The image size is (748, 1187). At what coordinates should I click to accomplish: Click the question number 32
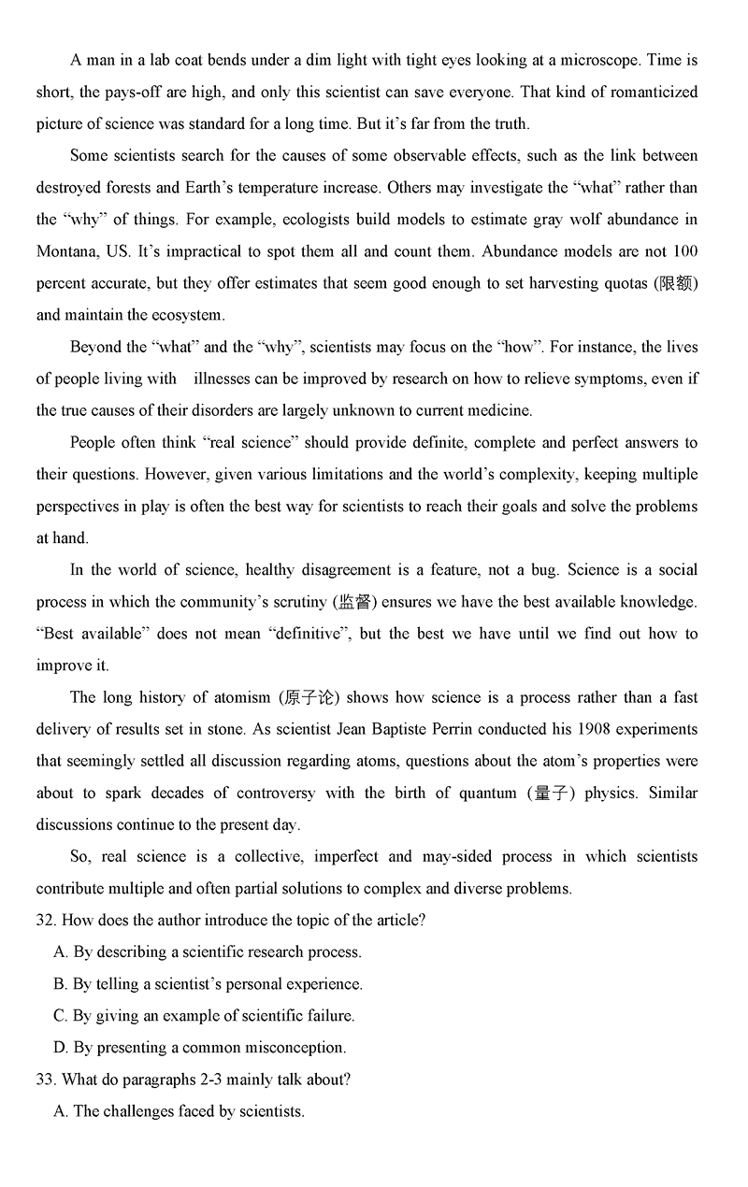coord(45,921)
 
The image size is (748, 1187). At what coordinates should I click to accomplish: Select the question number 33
coord(45,1080)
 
